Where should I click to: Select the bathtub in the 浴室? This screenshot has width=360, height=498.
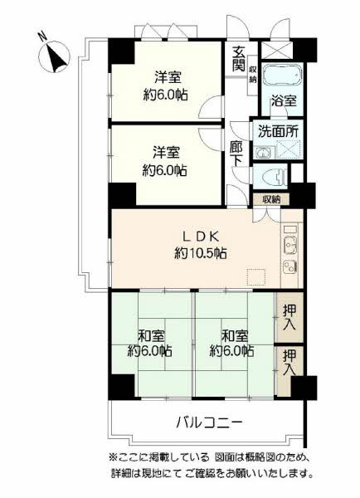(x=281, y=76)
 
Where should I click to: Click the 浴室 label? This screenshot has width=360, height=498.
(x=284, y=101)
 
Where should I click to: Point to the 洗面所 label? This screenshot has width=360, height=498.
(x=278, y=131)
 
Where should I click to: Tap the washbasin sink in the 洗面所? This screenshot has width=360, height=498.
(x=263, y=153)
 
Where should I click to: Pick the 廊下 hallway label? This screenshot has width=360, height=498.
(x=236, y=154)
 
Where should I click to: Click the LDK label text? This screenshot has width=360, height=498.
(x=201, y=237)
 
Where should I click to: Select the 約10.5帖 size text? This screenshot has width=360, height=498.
(x=201, y=253)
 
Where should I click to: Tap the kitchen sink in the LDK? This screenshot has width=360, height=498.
(x=289, y=245)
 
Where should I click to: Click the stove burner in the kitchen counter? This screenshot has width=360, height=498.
(x=290, y=266)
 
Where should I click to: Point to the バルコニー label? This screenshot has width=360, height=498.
(x=210, y=422)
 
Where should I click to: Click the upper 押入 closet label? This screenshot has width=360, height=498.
(x=289, y=317)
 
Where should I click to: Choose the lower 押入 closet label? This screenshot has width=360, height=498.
(x=289, y=363)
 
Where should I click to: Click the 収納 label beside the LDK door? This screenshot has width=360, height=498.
(x=271, y=200)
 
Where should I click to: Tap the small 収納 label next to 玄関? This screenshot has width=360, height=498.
(x=253, y=75)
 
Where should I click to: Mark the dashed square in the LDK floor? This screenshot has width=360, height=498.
(x=256, y=276)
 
